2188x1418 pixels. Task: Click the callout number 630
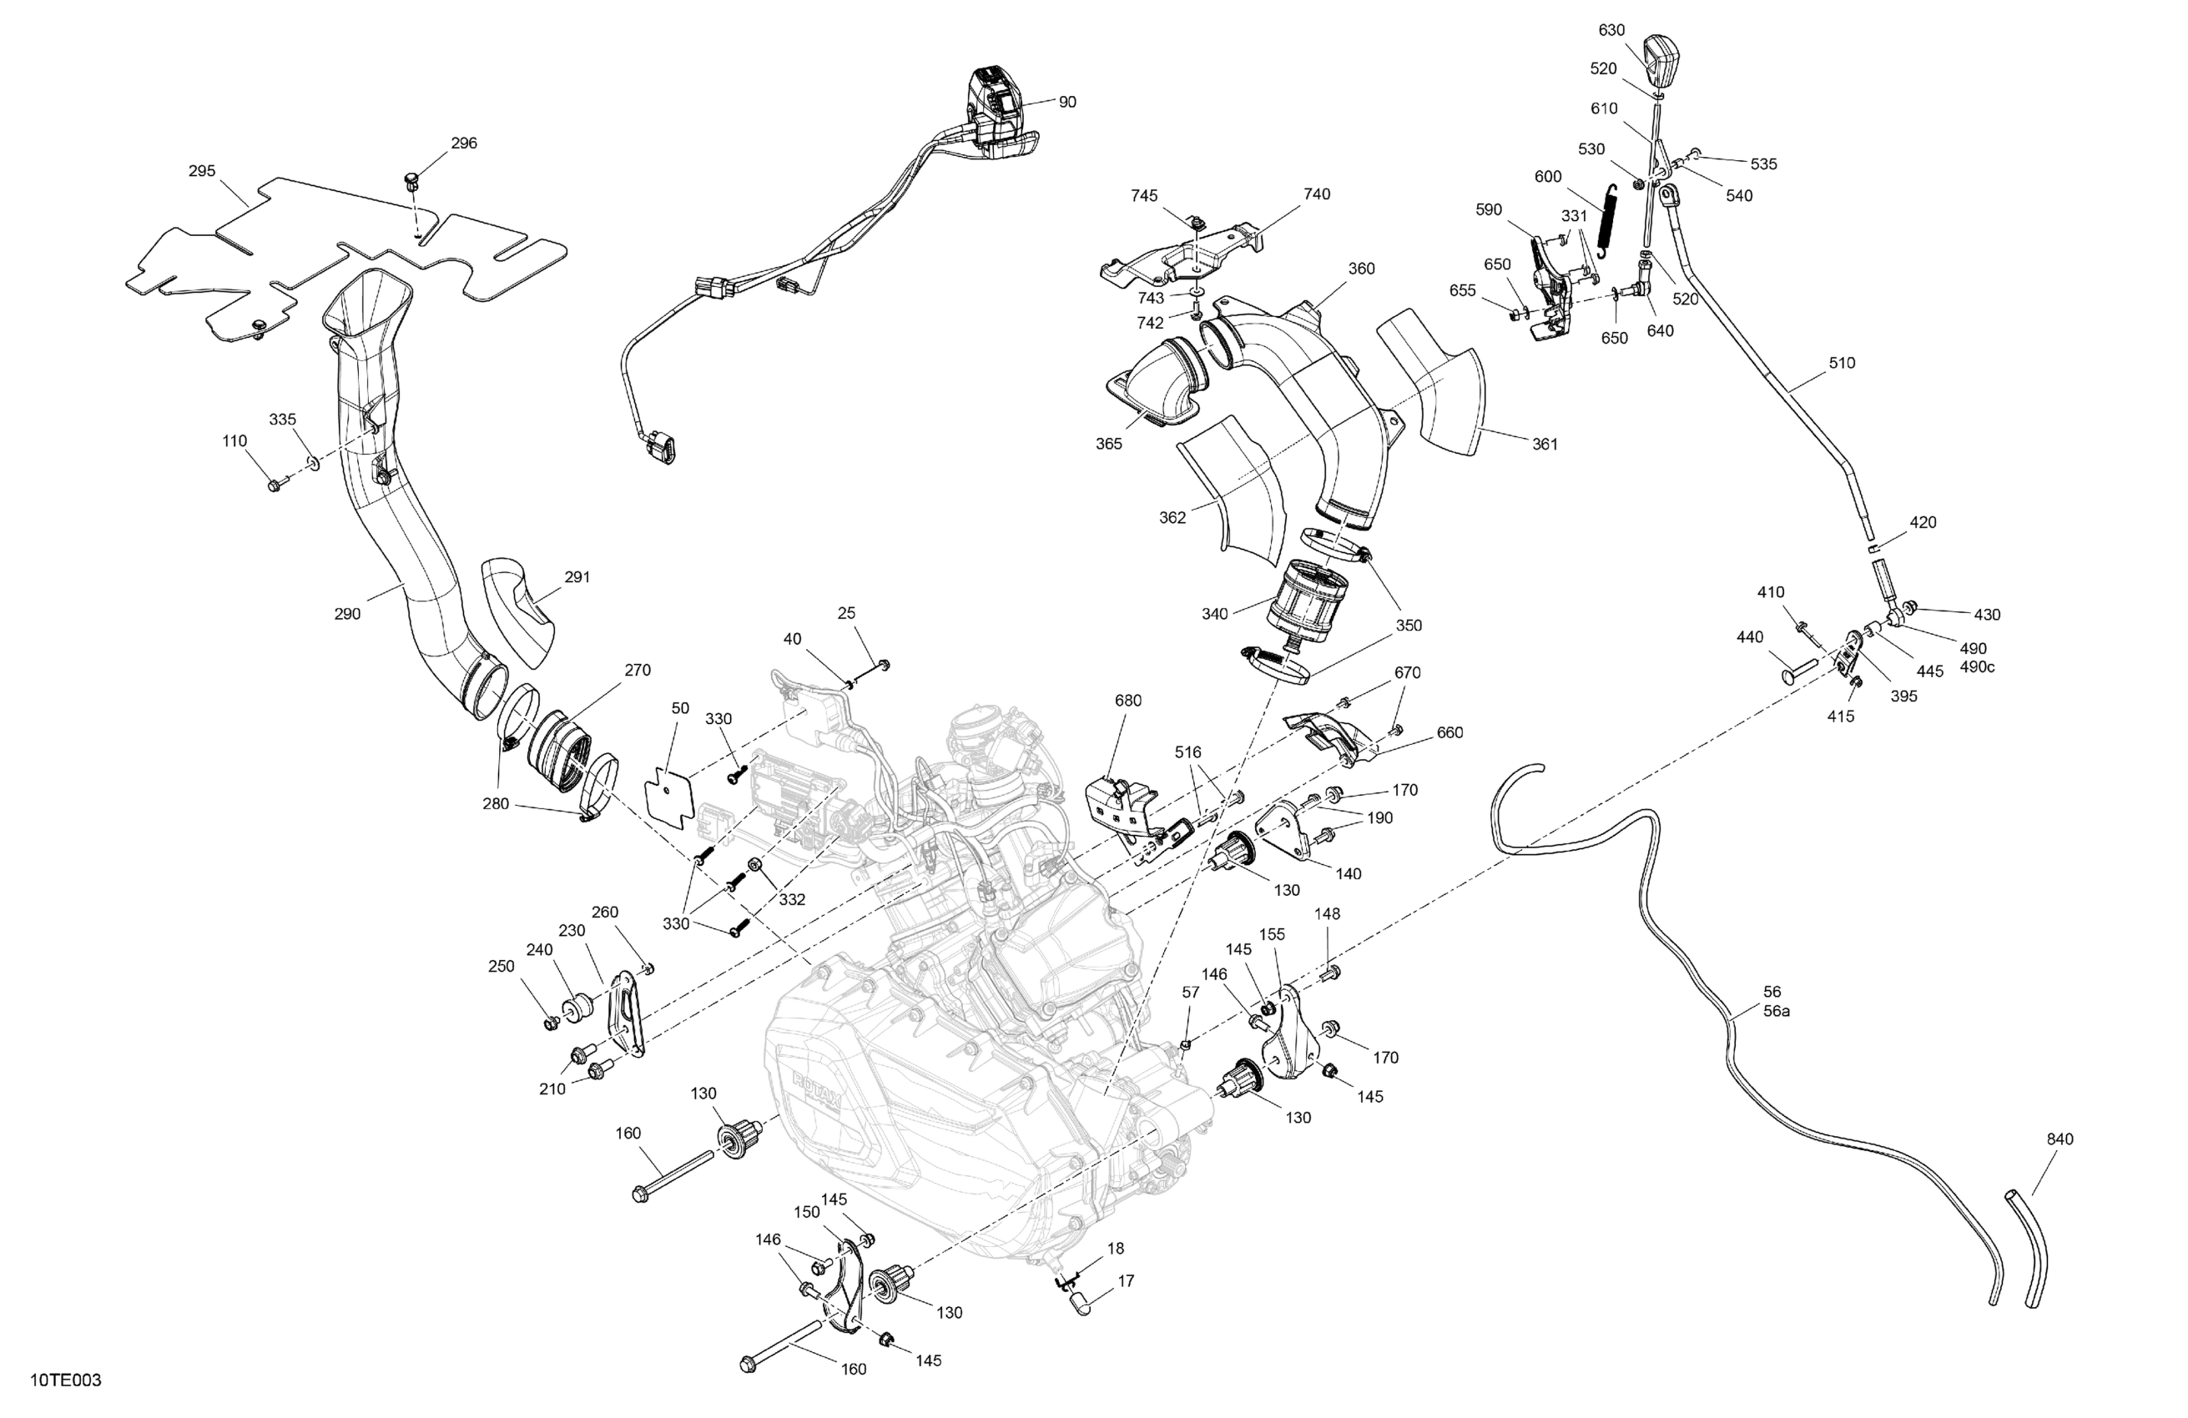[x=1611, y=30]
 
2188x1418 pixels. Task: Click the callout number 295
[x=201, y=171]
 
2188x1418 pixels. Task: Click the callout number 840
[x=2060, y=1139]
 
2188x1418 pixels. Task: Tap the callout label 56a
[x=1776, y=1012]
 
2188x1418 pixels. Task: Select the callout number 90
[x=1066, y=102]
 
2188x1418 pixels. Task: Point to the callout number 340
[x=1214, y=614]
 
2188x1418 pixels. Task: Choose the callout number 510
[x=1842, y=363]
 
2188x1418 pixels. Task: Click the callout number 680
[x=1128, y=701]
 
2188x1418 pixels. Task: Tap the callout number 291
[x=577, y=577]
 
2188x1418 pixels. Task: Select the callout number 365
[x=1109, y=444]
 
